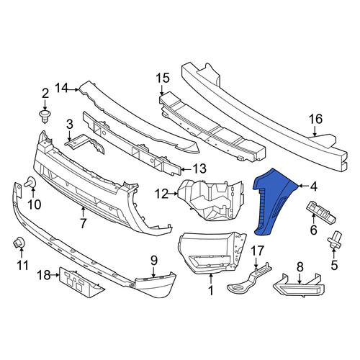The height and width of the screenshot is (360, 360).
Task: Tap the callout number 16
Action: [315, 120]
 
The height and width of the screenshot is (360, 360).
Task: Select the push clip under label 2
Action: [45, 117]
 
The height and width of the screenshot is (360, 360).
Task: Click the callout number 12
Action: [162, 194]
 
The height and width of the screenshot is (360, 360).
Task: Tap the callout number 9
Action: [154, 260]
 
